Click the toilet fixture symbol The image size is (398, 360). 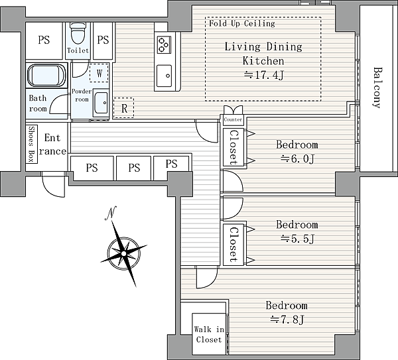[78, 34]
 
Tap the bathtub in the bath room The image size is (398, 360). [46, 76]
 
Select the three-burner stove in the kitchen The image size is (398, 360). [164, 45]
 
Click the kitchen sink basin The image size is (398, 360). [164, 76]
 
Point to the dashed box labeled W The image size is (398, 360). [99, 73]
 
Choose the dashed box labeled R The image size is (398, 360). [123, 108]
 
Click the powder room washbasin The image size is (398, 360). [101, 103]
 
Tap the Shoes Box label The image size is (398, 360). [31, 144]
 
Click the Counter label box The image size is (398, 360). [233, 119]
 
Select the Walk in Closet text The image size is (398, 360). [209, 334]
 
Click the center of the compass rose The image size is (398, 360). [123, 253]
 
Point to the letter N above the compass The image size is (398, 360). [110, 213]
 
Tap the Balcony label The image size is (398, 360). [378, 88]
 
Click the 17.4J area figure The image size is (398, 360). [263, 75]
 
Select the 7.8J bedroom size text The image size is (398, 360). [287, 320]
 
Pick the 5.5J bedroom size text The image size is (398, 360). [297, 239]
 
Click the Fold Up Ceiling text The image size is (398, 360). [242, 23]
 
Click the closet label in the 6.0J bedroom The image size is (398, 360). [233, 148]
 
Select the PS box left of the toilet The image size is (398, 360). [44, 40]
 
